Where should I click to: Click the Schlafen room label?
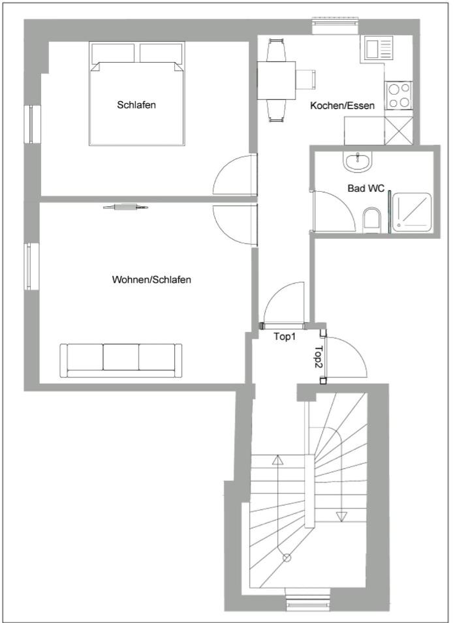(136, 105)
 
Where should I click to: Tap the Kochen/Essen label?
(343, 106)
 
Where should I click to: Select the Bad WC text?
(366, 188)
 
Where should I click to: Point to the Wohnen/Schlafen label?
(151, 279)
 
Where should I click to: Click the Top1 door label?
(285, 337)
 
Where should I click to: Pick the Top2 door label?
(319, 356)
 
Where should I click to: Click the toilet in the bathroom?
(372, 220)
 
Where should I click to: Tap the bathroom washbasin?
(358, 162)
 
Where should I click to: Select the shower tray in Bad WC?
(412, 213)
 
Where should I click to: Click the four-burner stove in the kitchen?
(399, 95)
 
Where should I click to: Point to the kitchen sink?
(377, 48)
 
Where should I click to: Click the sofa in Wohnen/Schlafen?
(121, 360)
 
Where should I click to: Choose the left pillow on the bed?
(113, 53)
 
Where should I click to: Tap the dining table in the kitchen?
(276, 80)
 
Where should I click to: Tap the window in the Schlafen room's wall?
(32, 124)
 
